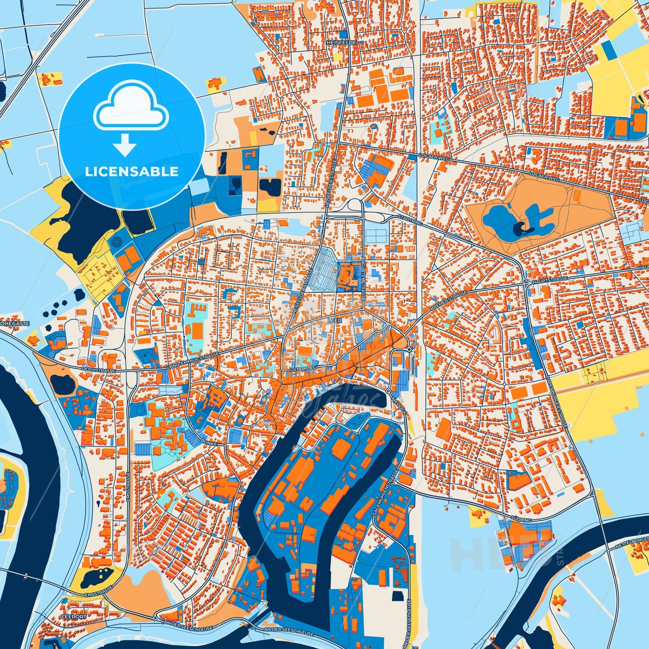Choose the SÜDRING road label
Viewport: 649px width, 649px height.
521,520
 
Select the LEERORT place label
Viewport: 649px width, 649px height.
74,617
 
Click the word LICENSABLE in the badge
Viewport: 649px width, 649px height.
132,171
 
